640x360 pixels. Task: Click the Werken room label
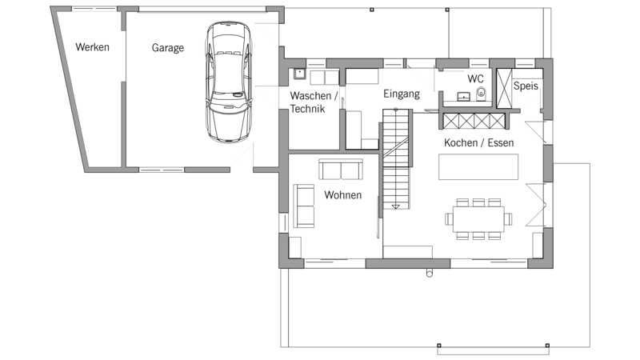point(92,47)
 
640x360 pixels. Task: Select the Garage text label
point(168,48)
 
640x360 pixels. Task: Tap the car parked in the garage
point(229,82)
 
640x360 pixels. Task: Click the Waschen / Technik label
point(314,102)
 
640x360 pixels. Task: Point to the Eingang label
point(402,94)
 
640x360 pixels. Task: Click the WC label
point(475,78)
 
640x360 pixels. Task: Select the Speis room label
point(526,86)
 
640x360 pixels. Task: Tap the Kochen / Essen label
point(478,142)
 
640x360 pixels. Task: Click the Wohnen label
point(343,194)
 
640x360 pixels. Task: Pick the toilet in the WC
point(482,94)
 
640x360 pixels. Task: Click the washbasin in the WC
point(463,96)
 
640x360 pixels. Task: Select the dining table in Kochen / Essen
point(478,219)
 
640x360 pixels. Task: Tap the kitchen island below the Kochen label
point(478,166)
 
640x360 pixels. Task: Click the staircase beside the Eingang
point(395,158)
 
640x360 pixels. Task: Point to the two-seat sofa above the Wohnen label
point(341,170)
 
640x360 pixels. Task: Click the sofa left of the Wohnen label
point(304,206)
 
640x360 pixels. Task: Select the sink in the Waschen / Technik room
point(299,74)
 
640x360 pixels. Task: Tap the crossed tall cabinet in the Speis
point(504,89)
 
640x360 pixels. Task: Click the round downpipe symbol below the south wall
point(430,273)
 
